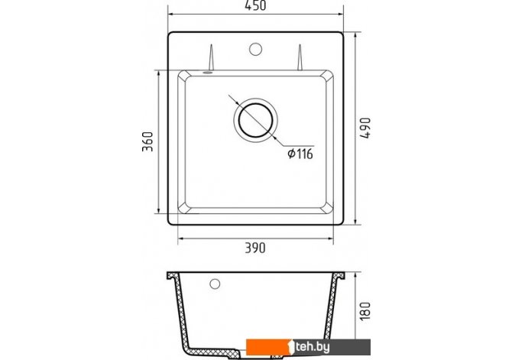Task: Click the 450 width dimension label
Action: [256, 5]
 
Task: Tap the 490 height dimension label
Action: [366, 128]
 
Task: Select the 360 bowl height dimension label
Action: [147, 141]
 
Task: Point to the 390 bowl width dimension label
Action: [255, 248]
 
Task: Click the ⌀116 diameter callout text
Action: [300, 153]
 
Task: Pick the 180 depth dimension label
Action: [365, 311]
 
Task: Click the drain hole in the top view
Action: [256, 120]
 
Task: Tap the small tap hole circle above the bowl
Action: [255, 49]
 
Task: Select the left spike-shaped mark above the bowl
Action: [211, 57]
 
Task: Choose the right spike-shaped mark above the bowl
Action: [300, 57]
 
